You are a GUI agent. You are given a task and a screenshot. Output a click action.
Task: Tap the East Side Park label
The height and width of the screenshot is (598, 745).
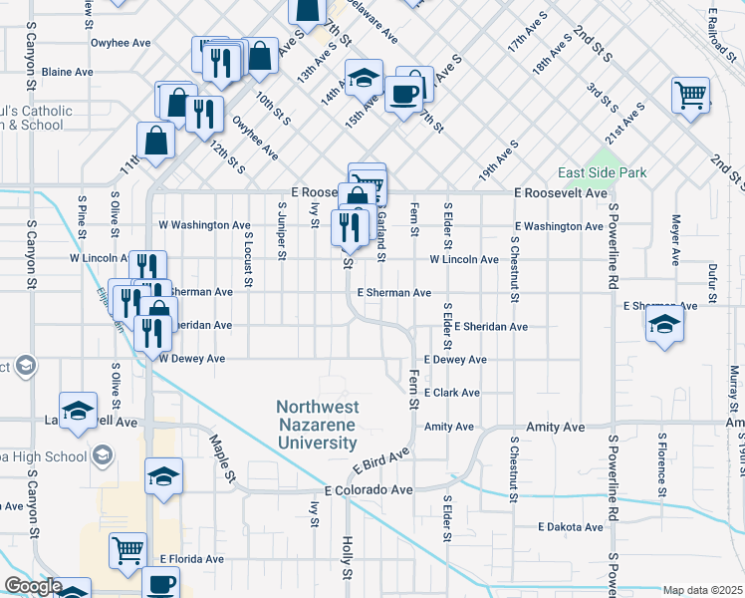click(x=602, y=172)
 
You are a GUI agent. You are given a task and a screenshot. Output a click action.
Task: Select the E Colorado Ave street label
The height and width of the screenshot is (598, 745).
click(x=369, y=490)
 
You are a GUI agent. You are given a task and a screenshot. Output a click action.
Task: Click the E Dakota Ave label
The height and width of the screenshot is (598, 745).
click(x=571, y=526)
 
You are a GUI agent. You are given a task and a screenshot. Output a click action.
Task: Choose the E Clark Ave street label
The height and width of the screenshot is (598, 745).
click(x=451, y=393)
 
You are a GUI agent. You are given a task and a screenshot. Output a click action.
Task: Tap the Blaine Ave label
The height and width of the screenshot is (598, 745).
click(x=68, y=72)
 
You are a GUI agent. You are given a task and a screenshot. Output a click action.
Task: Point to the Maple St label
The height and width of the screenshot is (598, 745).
click(x=222, y=452)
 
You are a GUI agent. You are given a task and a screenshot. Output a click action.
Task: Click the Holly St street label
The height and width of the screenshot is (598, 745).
click(x=348, y=558)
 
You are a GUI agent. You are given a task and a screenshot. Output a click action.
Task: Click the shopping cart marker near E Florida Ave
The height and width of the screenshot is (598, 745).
click(x=128, y=549)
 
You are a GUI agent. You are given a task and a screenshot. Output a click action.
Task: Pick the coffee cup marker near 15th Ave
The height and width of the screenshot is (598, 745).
click(x=403, y=95)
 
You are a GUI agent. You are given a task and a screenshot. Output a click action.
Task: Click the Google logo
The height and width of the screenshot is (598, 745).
click(x=32, y=586)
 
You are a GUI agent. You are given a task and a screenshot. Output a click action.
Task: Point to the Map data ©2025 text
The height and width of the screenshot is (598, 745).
click(x=702, y=590)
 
